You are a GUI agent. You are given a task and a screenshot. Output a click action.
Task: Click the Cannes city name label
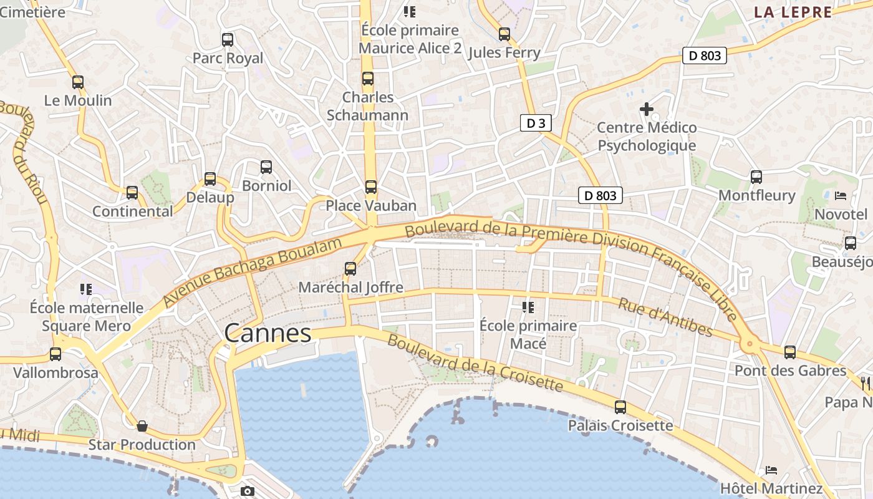pyautogui.click(x=268, y=333)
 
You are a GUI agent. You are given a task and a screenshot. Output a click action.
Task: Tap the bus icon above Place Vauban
pyautogui.click(x=371, y=187)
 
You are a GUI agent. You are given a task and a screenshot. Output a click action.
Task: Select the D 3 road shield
pyautogui.click(x=536, y=123)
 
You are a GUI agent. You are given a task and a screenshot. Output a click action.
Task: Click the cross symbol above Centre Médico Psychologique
pyautogui.click(x=647, y=109)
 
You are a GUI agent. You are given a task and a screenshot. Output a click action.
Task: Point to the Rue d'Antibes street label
pyautogui.click(x=665, y=317)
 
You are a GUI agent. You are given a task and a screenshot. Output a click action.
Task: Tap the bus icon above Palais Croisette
pyautogui.click(x=620, y=407)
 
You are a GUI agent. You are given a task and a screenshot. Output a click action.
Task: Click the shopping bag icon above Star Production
pyautogui.click(x=142, y=426)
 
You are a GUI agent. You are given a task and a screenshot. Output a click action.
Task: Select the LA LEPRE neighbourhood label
pyautogui.click(x=793, y=12)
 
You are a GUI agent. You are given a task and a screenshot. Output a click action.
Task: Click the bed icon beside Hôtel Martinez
pyautogui.click(x=771, y=470)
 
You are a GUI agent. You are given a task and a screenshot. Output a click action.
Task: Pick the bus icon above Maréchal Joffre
pyautogui.click(x=350, y=269)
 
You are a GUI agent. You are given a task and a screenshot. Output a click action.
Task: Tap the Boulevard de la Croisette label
pyautogui.click(x=475, y=363)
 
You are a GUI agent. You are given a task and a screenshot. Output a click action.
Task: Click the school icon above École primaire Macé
pyautogui.click(x=528, y=307)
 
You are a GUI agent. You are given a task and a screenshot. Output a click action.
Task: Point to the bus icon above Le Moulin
pyautogui.click(x=78, y=82)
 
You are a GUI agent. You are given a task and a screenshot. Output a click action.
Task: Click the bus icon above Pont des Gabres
pyautogui.click(x=790, y=352)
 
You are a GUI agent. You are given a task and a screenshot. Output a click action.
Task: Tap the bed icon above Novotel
pyautogui.click(x=841, y=195)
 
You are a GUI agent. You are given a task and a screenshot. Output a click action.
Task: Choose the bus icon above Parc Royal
pyautogui.click(x=228, y=40)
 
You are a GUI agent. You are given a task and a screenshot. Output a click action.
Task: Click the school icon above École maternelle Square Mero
pyautogui.click(x=86, y=289)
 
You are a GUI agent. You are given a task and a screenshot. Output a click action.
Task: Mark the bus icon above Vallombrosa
pyautogui.click(x=55, y=354)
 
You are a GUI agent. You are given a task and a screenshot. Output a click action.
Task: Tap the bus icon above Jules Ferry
pyautogui.click(x=504, y=34)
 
